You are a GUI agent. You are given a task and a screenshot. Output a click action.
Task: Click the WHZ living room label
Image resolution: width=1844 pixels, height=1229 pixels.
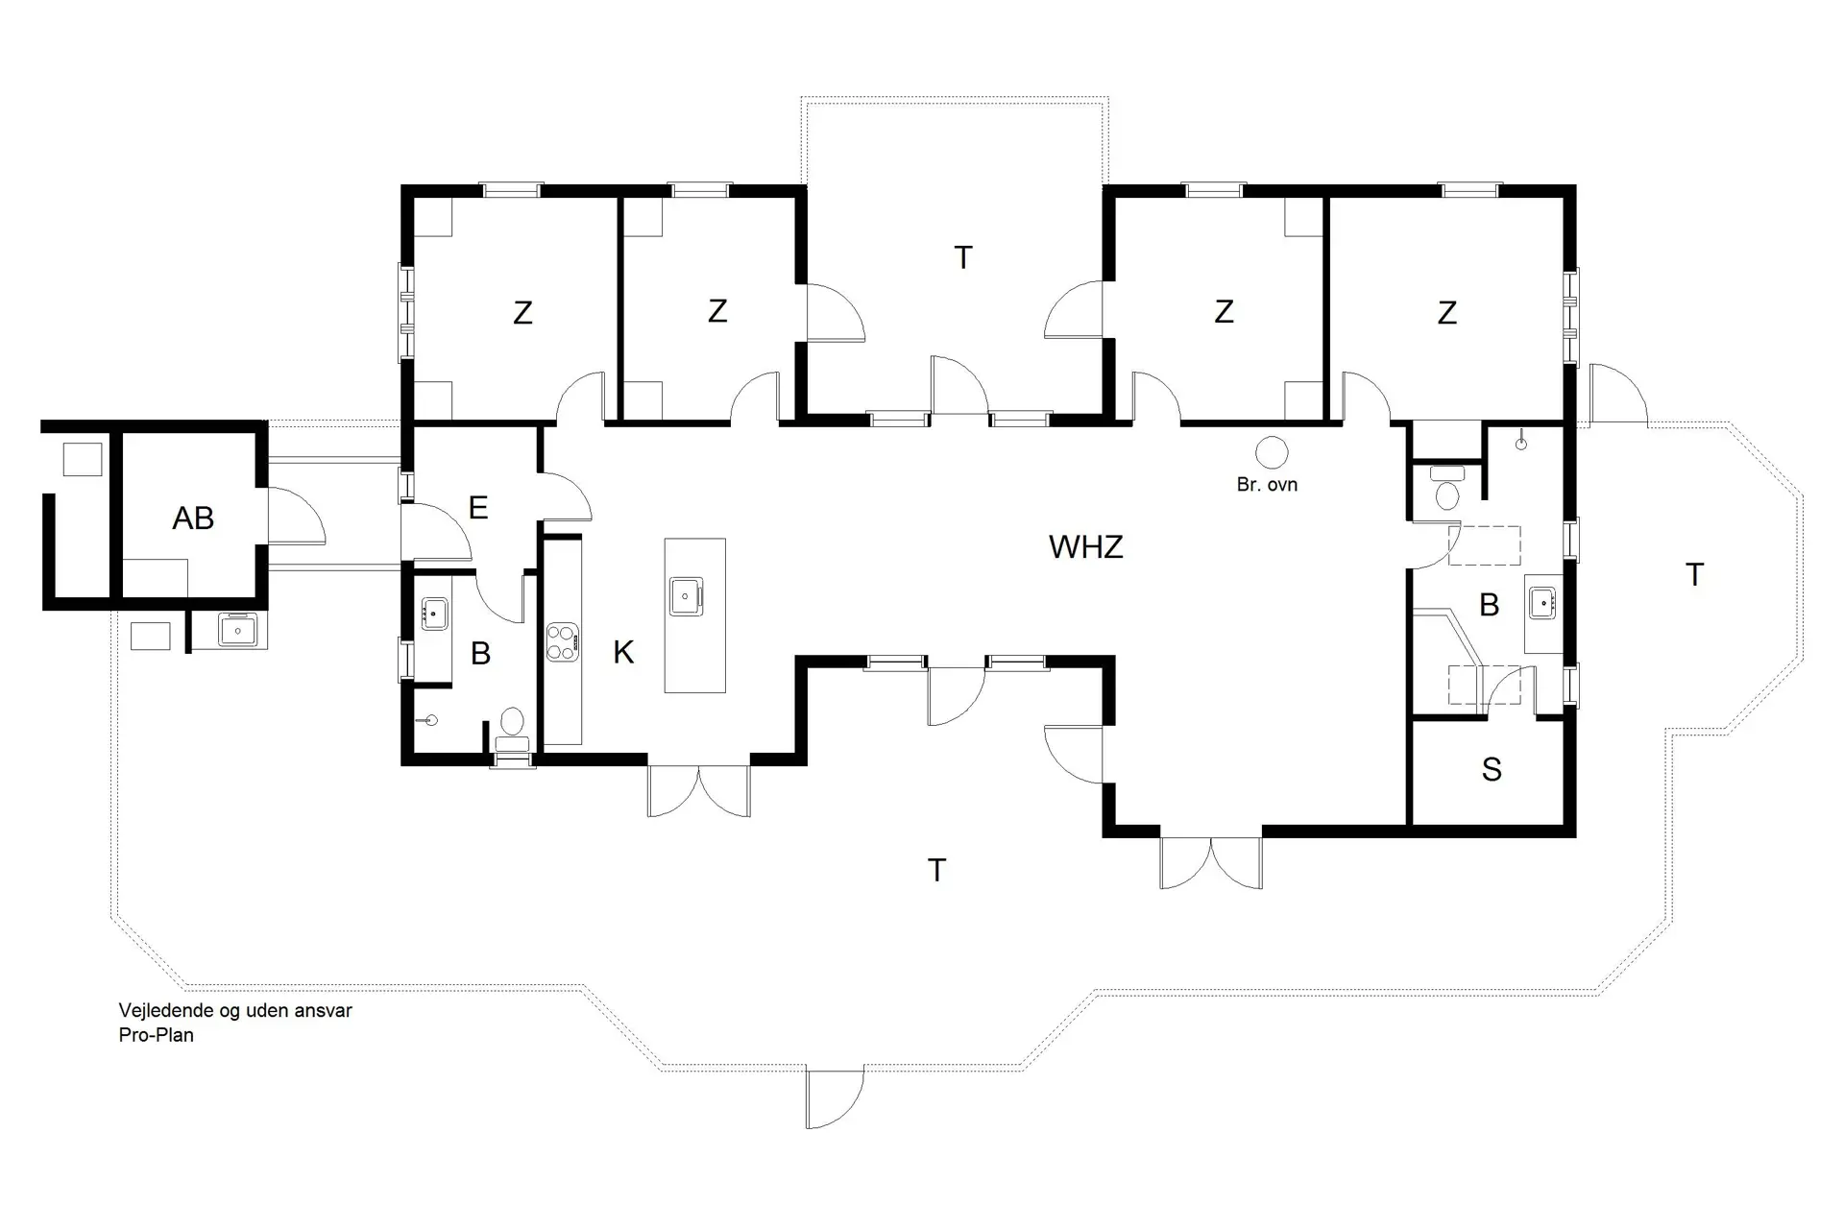tap(1085, 547)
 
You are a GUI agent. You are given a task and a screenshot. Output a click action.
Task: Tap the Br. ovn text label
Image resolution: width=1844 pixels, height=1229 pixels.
tap(1267, 485)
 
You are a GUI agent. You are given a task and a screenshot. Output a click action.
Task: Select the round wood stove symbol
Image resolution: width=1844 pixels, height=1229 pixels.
tap(1272, 451)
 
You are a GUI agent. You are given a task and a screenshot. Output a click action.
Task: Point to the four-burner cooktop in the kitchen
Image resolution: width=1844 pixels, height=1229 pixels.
tap(563, 642)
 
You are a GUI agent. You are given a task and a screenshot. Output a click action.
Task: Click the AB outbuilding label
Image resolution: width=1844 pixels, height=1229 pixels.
tap(193, 518)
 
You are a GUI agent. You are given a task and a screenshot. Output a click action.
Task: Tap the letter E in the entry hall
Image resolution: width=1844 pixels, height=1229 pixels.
tap(477, 508)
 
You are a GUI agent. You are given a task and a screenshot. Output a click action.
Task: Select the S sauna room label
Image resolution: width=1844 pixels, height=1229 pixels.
tap(1491, 770)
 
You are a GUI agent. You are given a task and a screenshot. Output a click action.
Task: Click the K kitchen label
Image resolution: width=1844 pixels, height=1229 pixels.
tap(623, 653)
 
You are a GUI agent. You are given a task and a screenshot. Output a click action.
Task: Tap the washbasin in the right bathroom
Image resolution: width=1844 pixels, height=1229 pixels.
tap(1542, 603)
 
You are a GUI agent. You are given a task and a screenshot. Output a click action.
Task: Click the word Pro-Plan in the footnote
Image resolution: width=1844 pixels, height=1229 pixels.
tap(157, 1035)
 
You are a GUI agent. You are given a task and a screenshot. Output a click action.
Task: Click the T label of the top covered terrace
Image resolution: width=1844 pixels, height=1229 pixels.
tap(962, 257)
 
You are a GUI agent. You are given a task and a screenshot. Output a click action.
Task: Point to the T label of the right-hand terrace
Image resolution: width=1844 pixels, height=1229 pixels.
tap(1694, 575)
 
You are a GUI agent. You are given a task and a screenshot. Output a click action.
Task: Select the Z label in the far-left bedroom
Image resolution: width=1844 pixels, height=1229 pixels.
tap(522, 313)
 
